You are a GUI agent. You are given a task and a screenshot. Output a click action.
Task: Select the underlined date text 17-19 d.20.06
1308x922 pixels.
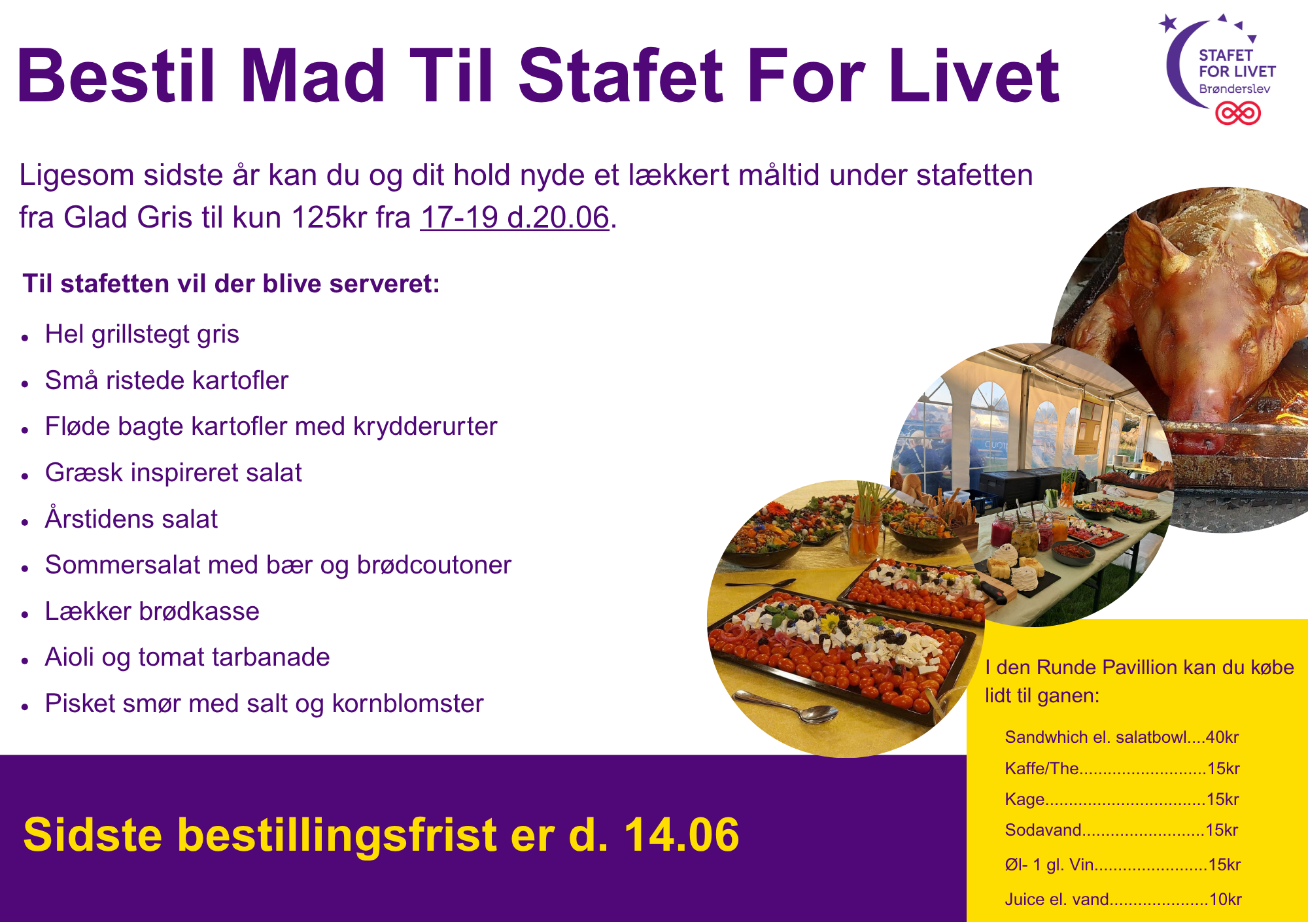coord(515,217)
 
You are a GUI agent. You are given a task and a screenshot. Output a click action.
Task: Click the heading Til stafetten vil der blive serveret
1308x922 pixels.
coord(232,284)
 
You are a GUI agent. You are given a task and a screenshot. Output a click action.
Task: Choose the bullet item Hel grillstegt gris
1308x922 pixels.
coord(142,334)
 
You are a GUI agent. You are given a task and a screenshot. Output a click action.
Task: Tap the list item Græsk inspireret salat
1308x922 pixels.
coord(173,472)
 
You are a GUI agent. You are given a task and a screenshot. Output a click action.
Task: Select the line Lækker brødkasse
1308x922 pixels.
coord(152,611)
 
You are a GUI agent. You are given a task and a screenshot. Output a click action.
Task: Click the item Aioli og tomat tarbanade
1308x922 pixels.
coord(187,657)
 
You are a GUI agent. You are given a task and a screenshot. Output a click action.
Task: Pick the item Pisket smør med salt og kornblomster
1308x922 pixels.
coord(264,704)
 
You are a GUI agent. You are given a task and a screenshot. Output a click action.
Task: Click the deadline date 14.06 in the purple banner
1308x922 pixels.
coord(681,835)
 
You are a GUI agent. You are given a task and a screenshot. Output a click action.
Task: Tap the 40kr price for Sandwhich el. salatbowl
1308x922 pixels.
coord(1222,737)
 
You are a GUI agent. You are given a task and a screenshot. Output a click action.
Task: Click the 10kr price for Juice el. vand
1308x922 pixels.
coord(1226,899)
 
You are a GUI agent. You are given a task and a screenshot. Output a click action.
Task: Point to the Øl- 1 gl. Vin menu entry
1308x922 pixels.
coord(1050,864)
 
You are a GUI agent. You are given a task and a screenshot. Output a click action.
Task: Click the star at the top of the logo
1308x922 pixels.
coord(1168,24)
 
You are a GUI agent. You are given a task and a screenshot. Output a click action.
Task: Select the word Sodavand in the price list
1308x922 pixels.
coord(1043,830)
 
